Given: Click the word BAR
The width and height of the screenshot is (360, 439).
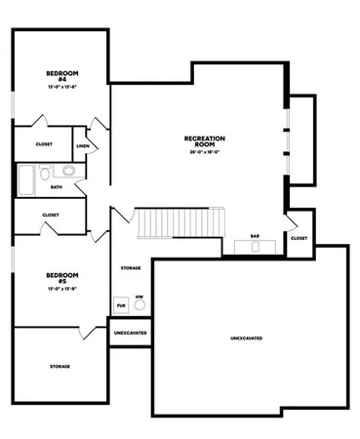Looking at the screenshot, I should (x=254, y=235).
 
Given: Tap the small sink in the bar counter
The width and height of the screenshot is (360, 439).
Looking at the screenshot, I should (x=256, y=246).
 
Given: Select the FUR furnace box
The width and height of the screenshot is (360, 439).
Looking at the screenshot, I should (x=121, y=304).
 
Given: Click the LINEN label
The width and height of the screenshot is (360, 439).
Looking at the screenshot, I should (x=83, y=146).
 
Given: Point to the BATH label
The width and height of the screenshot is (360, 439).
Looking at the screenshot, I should (x=56, y=186).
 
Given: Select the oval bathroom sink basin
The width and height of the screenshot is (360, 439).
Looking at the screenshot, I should (x=70, y=171).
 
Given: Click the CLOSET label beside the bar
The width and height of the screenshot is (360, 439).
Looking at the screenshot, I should (x=299, y=237).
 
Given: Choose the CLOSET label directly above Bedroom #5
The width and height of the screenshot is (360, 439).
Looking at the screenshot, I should (x=50, y=215).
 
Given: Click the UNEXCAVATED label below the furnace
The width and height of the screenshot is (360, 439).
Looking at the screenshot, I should (x=130, y=333).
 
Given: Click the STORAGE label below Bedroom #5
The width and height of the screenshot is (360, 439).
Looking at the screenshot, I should (x=60, y=366).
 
